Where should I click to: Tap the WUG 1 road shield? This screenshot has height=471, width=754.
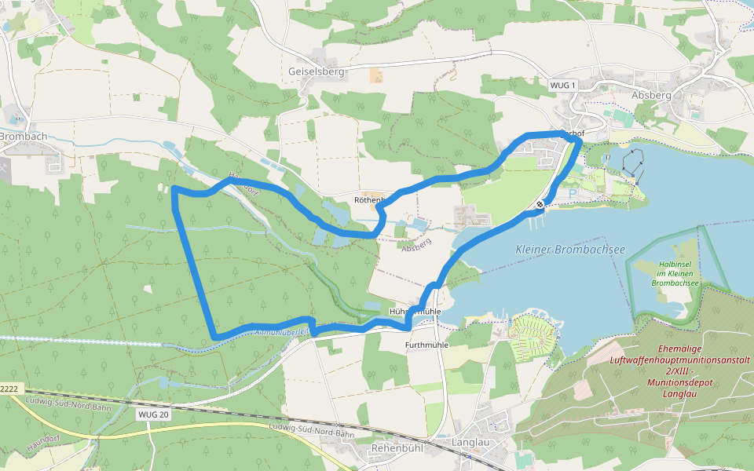(562, 85)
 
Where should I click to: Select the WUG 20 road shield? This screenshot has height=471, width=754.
(152, 414)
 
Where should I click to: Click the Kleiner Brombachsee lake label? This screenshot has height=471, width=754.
(570, 249)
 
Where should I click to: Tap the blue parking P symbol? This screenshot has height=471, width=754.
(572, 193)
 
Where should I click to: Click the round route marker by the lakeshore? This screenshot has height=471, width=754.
(540, 205)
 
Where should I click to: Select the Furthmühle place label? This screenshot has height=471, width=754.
(426, 345)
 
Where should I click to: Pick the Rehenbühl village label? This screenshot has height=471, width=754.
(396, 448)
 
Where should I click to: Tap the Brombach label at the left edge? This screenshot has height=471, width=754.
(24, 136)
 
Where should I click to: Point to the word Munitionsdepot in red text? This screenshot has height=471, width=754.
(680, 382)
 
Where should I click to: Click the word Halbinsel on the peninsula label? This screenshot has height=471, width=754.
(675, 265)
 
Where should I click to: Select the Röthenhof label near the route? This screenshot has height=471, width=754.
(368, 200)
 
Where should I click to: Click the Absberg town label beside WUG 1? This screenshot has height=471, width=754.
(651, 94)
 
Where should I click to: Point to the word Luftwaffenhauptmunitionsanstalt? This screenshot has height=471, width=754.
(680, 359)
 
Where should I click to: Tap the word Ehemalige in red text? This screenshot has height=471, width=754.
(680, 348)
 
